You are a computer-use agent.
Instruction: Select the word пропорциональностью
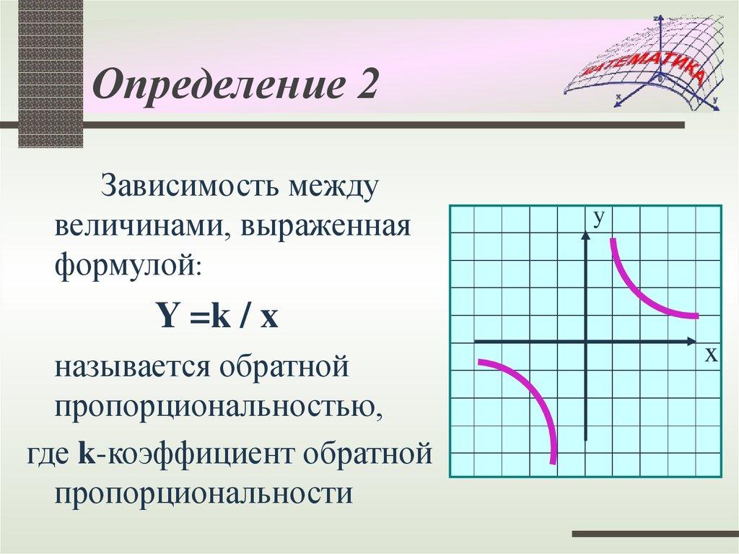pyautogui.click(x=217, y=407)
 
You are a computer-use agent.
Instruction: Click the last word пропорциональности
pyautogui.click(x=204, y=495)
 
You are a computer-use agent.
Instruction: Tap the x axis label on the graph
pyautogui.click(x=710, y=355)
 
